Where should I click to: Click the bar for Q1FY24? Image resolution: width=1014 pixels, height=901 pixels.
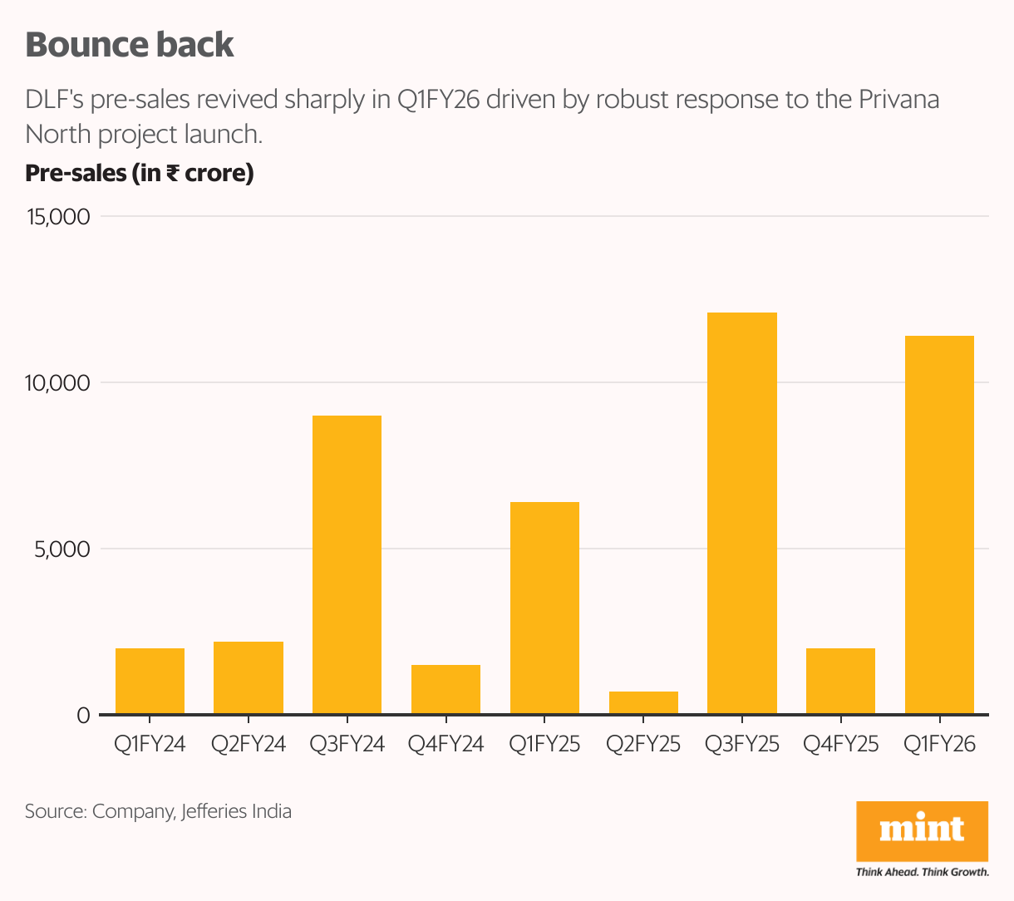tap(150, 681)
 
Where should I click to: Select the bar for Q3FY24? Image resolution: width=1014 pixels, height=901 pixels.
tap(347, 564)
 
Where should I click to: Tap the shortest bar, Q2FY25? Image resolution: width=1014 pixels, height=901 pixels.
tap(643, 702)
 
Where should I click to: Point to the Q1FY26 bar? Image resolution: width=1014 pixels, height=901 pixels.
tap(939, 524)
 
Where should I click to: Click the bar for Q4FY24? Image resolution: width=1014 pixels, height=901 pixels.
tap(445, 689)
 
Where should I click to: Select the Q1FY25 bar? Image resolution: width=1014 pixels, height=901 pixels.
tap(544, 608)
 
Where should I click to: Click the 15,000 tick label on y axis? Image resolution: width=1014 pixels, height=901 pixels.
tap(58, 217)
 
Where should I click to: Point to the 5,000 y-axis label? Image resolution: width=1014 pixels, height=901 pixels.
tap(62, 549)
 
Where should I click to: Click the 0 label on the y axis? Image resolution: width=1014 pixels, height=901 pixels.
tap(82, 716)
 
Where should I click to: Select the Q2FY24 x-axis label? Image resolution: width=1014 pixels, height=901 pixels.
tap(248, 744)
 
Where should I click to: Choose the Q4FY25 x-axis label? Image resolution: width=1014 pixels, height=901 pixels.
tap(840, 744)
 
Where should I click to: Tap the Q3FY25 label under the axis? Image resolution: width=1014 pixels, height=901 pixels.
tap(741, 744)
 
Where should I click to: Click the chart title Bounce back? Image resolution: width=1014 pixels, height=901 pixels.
tap(130, 45)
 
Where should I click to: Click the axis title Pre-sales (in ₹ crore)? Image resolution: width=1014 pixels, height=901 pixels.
tap(139, 173)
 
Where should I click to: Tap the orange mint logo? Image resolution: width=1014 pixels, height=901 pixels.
tap(922, 830)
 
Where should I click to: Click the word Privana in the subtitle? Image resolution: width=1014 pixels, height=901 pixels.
tap(898, 99)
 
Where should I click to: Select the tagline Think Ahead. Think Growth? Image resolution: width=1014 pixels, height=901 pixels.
tap(922, 872)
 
